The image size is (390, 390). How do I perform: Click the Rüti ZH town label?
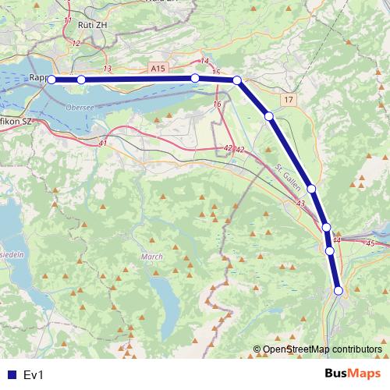coord(93,25)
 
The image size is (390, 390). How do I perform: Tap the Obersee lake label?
coord(80,108)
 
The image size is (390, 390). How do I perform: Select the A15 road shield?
coord(159,69)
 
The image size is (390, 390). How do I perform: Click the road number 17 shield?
coord(289,100)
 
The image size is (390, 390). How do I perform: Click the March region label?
coord(152,256)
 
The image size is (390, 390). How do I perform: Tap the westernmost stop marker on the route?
coord(51,80)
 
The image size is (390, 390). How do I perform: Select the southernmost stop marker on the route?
coord(339,291)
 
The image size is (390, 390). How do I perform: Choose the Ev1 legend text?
coord(34,375)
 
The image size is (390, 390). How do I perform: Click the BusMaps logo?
coord(353,374)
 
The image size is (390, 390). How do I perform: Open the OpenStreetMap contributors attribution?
coord(322,349)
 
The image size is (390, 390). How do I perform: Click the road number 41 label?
coord(103,144)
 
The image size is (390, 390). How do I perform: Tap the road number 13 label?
coord(107,69)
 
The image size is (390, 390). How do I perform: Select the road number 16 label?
coord(216,104)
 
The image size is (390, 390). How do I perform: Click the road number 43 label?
coord(301,203)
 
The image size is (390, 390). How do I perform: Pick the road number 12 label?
coord(76,43)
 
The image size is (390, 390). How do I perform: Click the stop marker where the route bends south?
coord(237,80)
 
